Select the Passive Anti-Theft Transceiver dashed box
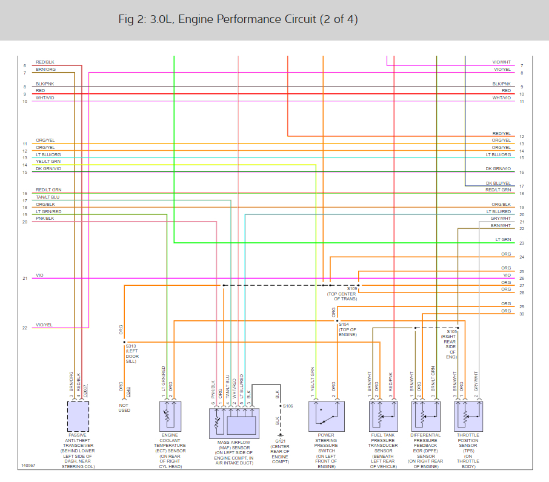tap(78, 416)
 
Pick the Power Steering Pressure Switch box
tap(326, 416)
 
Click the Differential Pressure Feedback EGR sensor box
tap(425, 416)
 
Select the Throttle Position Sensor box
tap(468, 416)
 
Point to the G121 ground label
tap(280, 441)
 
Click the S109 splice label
tap(352, 289)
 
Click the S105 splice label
tap(452, 332)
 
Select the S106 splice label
tap(288, 406)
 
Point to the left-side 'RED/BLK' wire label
tap(45, 62)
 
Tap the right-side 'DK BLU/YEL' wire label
tap(498, 183)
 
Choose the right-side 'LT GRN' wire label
tap(502, 240)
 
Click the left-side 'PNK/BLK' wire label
tap(45, 218)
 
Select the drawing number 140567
tap(28, 466)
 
